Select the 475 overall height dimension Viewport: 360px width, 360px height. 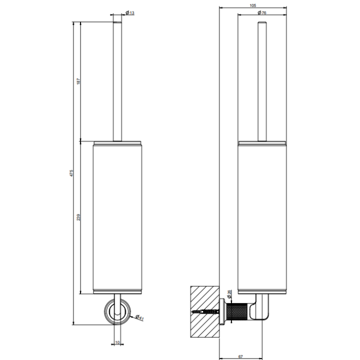click(71, 173)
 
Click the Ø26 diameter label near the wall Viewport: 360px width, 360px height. click(229, 294)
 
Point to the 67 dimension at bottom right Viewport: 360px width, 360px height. click(240, 356)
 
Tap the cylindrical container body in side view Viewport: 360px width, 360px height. click(262, 217)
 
